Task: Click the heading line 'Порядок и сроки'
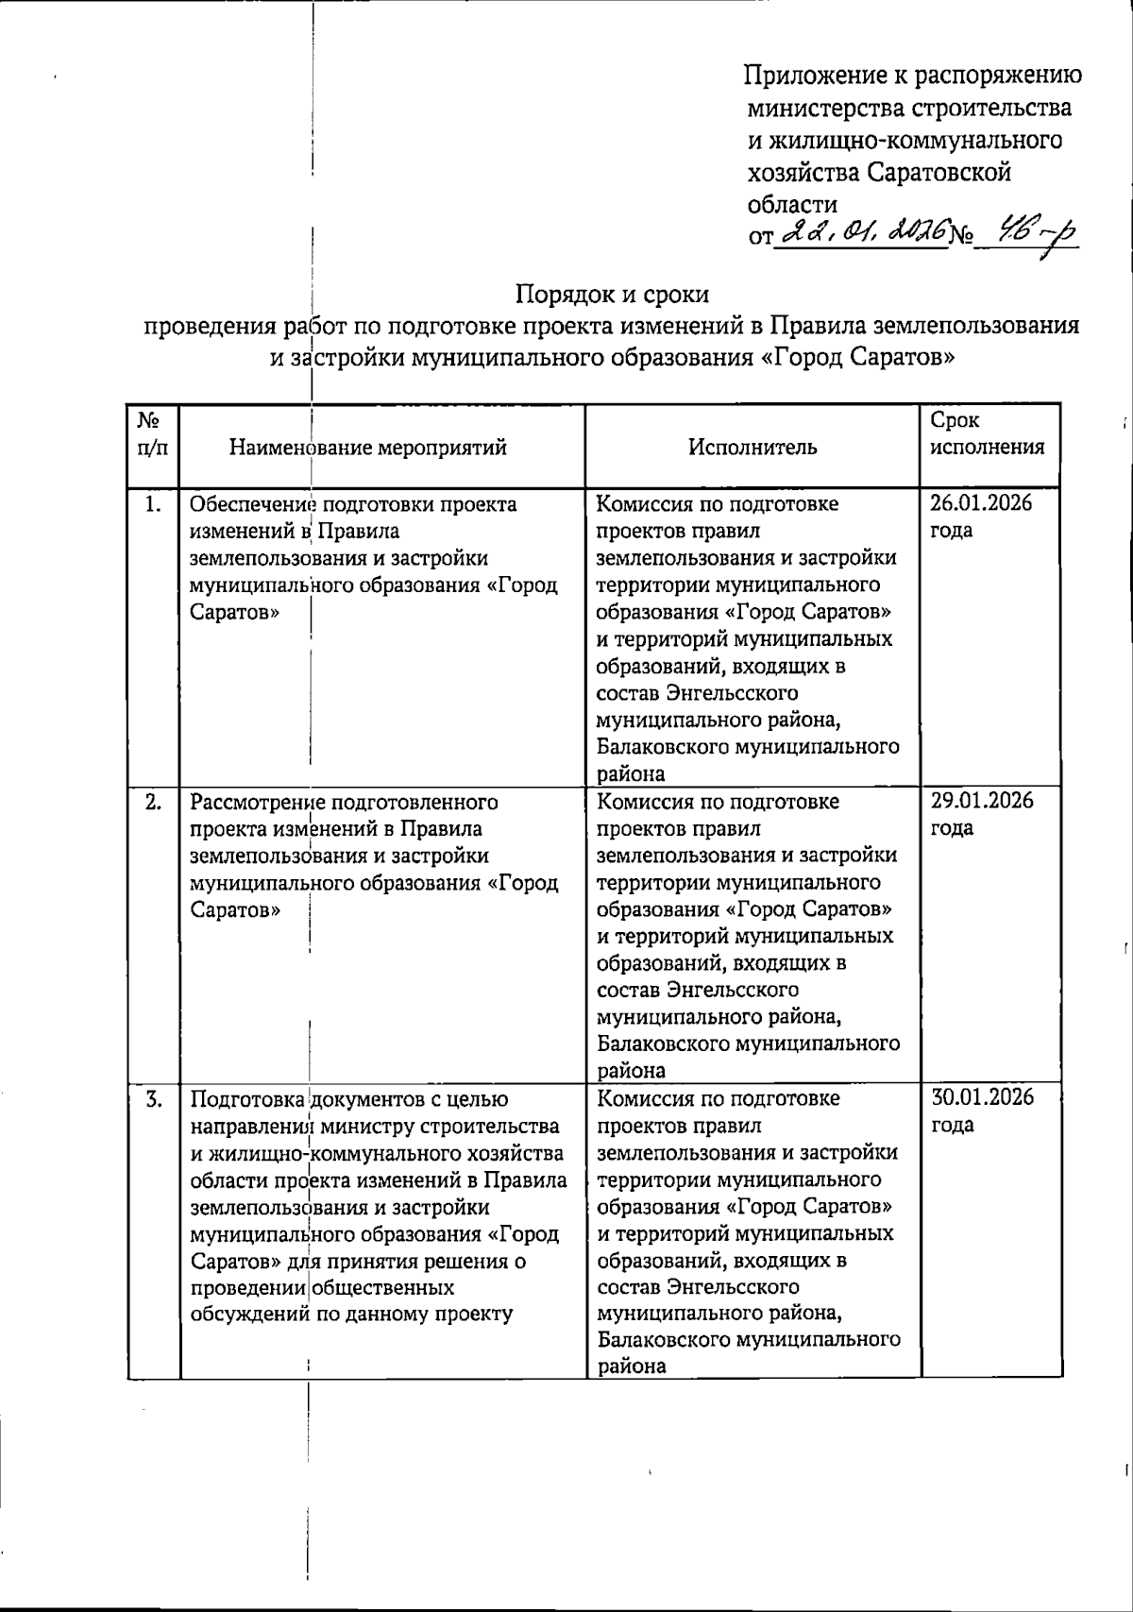point(612,295)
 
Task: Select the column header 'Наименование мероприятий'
point(368,448)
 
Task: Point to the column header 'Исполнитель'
point(753,448)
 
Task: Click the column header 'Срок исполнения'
point(988,433)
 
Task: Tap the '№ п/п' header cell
point(153,433)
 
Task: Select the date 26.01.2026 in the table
point(982,502)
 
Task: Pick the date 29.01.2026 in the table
point(982,801)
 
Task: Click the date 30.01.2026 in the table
point(982,1097)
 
